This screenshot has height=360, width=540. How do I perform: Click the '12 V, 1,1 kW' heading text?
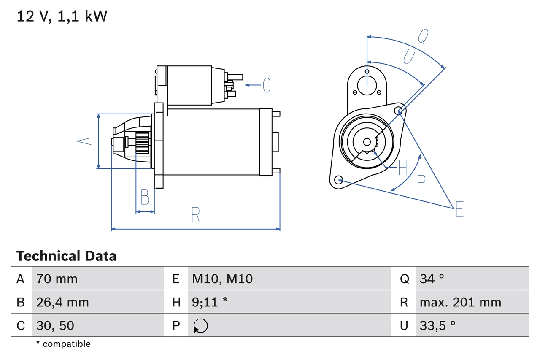click(62, 16)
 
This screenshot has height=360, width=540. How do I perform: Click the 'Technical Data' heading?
click(66, 256)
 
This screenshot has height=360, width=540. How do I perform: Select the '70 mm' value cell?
click(57, 279)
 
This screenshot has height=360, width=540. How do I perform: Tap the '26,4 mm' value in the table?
click(62, 302)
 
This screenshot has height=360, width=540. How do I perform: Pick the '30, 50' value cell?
click(55, 325)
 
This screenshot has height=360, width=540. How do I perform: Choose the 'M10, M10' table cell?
click(222, 279)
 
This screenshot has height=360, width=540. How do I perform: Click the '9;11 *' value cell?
click(210, 302)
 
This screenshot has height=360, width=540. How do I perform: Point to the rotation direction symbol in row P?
click(200, 326)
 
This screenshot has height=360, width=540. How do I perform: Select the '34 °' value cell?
click(432, 279)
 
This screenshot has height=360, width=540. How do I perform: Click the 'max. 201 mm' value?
click(460, 302)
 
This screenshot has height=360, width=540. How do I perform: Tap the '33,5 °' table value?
click(437, 325)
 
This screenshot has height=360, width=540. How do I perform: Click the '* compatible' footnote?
click(63, 344)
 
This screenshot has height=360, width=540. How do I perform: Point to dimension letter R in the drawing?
click(195, 215)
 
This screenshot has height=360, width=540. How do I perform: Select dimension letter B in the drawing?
click(145, 198)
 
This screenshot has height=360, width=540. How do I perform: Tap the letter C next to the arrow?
click(267, 85)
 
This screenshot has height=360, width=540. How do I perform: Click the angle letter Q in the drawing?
click(423, 36)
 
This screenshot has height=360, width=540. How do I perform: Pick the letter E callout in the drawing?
click(459, 209)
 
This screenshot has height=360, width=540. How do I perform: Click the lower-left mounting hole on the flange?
click(338, 180)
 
